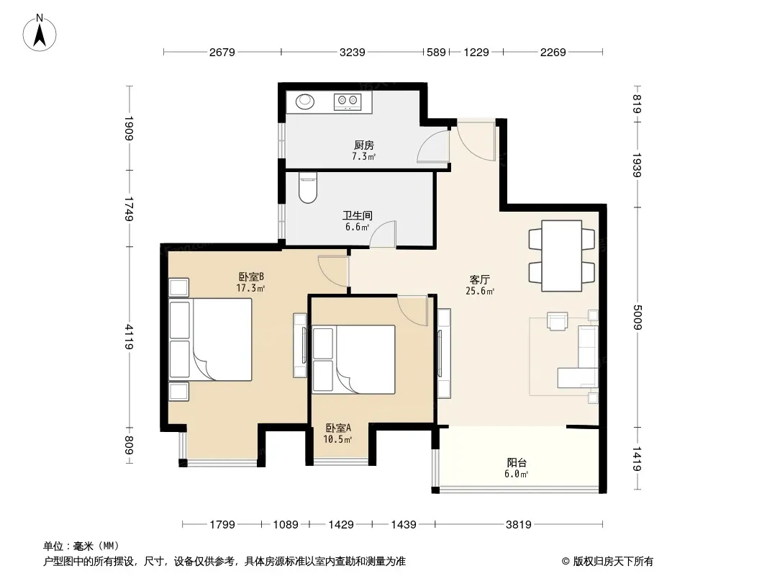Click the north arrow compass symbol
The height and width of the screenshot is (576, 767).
click(x=40, y=33)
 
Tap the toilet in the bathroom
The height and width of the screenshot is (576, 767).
click(x=308, y=187)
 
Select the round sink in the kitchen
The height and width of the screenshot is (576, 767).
click(x=305, y=102)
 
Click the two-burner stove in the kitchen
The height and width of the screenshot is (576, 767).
click(x=348, y=102)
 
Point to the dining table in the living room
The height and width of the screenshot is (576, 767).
click(x=561, y=256)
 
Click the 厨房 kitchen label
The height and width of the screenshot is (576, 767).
click(x=364, y=145)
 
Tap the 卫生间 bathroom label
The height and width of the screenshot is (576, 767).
click(x=357, y=215)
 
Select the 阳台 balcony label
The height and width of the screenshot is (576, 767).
click(x=517, y=462)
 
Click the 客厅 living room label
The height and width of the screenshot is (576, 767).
click(x=479, y=279)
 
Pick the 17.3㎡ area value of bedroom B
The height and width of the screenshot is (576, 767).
click(x=250, y=288)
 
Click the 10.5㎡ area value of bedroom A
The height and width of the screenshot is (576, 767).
click(x=337, y=439)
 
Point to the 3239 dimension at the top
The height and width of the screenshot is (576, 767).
click(x=352, y=52)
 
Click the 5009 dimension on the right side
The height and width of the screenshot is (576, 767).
click(x=636, y=317)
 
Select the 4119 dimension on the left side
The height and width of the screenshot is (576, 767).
click(x=129, y=337)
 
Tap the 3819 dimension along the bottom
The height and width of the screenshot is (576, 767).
click(x=519, y=525)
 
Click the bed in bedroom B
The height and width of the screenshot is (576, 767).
click(x=210, y=339)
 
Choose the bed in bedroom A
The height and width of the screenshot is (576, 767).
click(x=353, y=360)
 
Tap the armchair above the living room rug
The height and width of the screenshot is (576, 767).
click(x=558, y=322)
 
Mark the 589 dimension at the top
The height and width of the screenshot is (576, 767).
click(x=436, y=52)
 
